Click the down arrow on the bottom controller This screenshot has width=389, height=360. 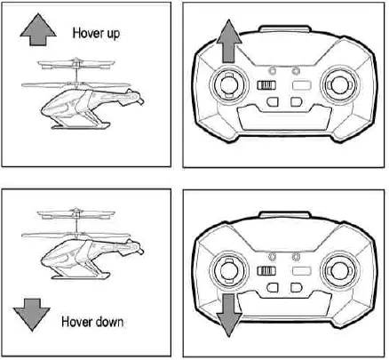pos(228,316)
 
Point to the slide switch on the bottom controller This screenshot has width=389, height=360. pos(263,271)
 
